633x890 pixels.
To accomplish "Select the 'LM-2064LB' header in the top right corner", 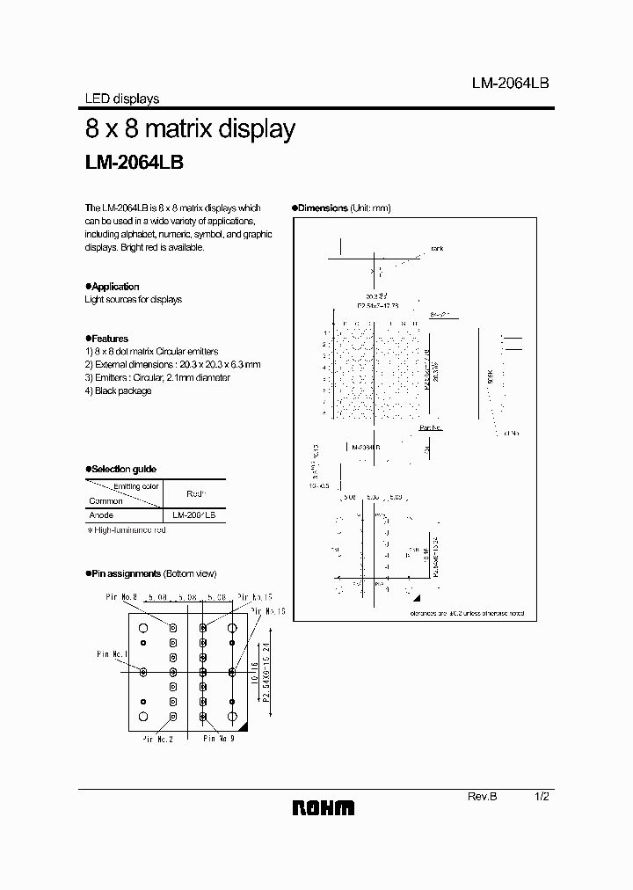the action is pos(510,82).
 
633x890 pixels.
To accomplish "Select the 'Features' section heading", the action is pos(108,339).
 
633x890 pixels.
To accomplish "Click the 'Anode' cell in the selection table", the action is pos(102,514).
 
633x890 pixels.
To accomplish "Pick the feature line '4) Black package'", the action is pos(118,390).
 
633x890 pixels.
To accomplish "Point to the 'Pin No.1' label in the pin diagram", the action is pos(111,654).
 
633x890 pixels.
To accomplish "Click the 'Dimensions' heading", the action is pos(324,208).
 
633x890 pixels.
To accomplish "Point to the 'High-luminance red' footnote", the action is pos(128,530).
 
